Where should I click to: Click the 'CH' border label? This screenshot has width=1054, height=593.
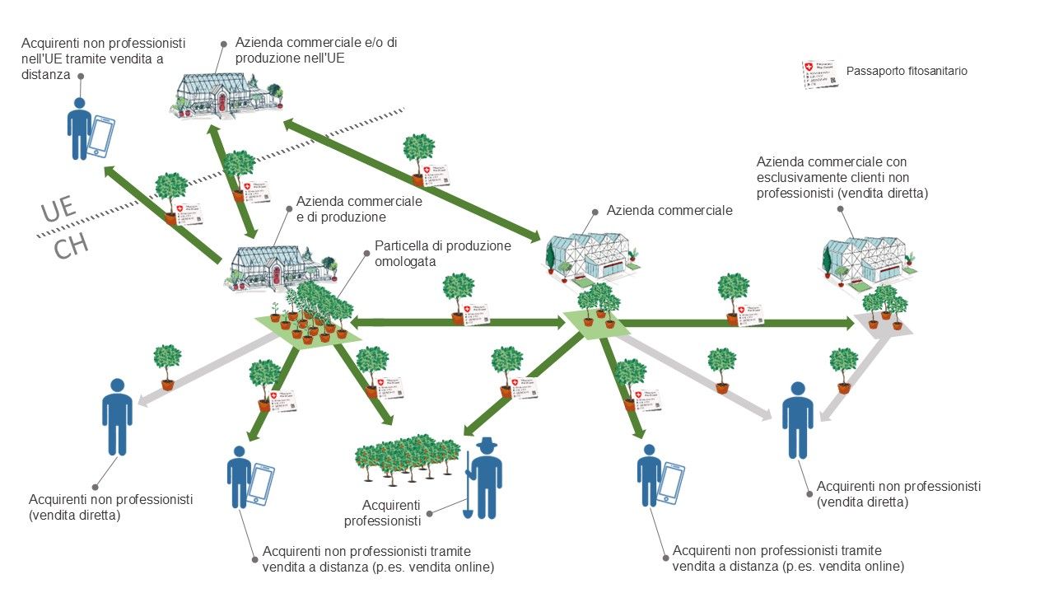click(x=72, y=246)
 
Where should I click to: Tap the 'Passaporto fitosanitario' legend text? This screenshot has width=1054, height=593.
click(x=907, y=72)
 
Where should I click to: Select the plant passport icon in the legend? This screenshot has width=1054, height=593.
click(x=821, y=73)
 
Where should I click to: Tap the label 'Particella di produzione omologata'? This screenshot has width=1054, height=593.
click(x=442, y=253)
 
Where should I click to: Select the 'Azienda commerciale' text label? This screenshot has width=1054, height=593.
click(x=669, y=211)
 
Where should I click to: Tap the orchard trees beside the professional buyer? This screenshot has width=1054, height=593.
click(x=405, y=461)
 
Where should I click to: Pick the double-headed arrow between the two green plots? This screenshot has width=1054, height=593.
click(x=457, y=322)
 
